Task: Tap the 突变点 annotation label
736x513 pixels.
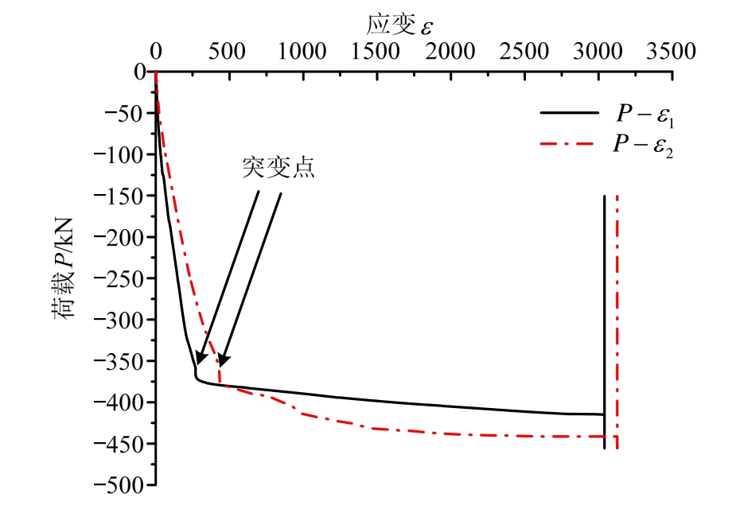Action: point(278,169)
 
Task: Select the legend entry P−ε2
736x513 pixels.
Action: point(645,146)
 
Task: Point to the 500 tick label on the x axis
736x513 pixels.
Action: point(228,52)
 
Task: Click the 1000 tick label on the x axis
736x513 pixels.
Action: point(302,52)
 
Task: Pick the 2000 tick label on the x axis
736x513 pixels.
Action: point(450,52)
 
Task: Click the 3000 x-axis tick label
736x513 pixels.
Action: point(598,52)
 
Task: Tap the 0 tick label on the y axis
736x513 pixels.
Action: point(139,72)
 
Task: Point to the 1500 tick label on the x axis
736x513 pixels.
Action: point(376,52)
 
